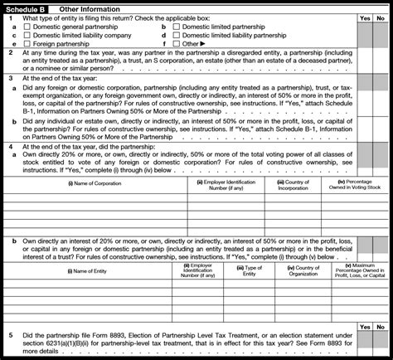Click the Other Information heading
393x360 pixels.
(90, 7)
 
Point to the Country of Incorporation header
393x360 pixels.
(295, 185)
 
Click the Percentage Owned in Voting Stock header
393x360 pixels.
(356, 185)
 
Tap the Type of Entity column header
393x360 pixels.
(254, 270)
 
